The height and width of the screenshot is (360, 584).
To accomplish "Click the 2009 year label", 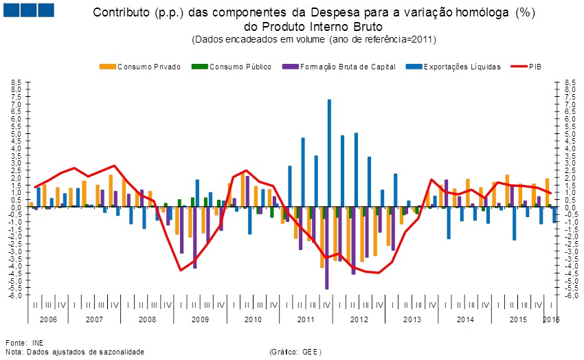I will (201, 320).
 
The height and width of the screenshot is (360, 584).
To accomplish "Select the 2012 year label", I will (359, 320).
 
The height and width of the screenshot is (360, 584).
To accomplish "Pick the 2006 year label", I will (48, 320).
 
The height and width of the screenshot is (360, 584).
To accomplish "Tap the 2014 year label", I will (465, 320).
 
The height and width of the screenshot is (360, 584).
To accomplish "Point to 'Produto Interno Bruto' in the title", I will (312, 26).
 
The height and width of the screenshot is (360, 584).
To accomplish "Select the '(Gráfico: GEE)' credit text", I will (296, 352).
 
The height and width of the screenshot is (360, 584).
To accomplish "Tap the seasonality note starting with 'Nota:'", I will (75, 352).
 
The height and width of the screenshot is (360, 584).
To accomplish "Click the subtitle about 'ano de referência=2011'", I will (314, 39).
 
